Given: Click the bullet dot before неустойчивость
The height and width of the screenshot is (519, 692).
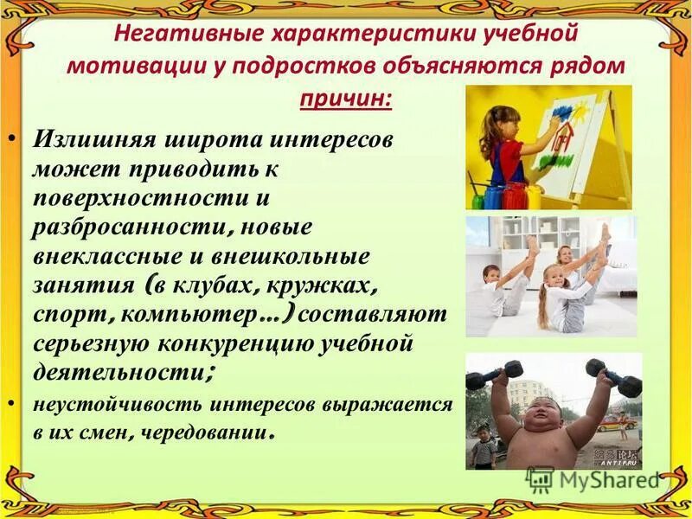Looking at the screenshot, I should tap(22, 405).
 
